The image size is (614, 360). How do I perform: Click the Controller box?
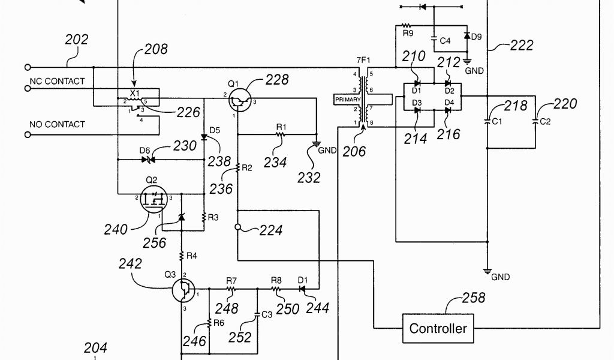point(438,328)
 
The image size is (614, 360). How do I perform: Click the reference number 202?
point(76,40)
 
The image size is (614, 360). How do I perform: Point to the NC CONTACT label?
point(58,81)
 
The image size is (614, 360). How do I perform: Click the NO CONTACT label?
point(58,124)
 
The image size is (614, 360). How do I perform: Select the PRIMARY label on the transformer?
point(348,100)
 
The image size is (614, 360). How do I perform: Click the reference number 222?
point(521,46)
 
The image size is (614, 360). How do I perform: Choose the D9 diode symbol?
point(466,36)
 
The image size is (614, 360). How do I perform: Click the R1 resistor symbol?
point(280,136)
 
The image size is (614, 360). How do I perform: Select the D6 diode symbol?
point(148,160)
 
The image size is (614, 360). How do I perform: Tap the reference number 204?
point(95,347)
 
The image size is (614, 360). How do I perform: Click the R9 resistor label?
point(408,34)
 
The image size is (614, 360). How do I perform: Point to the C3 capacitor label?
point(267,313)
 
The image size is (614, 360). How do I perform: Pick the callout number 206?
point(354,152)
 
